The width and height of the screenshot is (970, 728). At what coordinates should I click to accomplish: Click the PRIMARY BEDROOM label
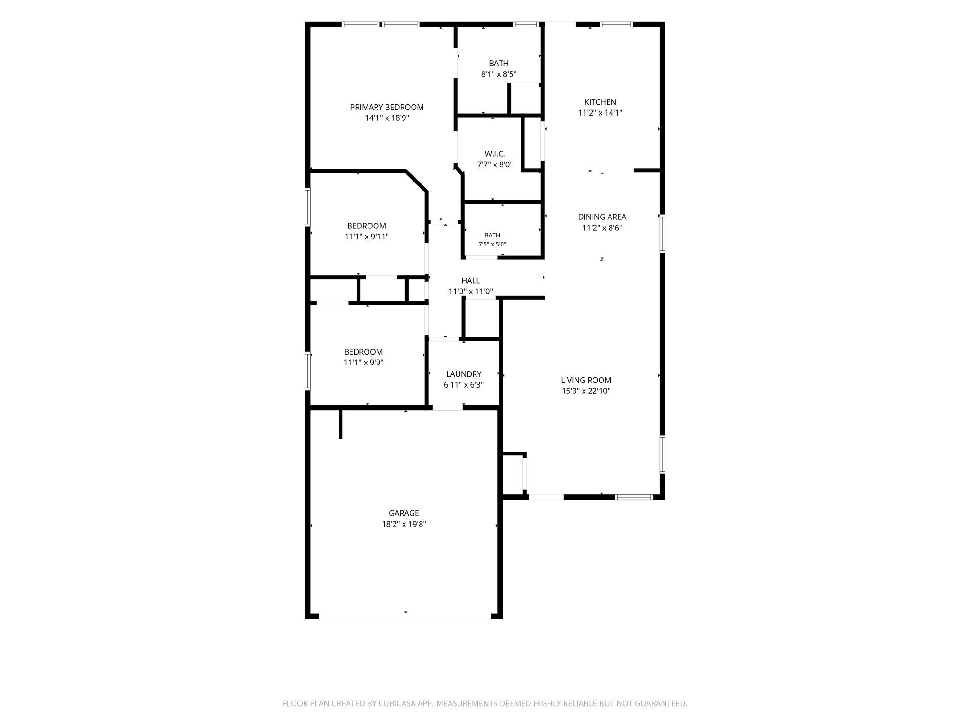[386, 107]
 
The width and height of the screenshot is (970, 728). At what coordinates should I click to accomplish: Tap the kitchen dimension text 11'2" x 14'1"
[600, 113]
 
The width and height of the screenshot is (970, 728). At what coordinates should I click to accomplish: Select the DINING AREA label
[602, 217]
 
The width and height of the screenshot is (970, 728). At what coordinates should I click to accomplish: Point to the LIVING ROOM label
[586, 380]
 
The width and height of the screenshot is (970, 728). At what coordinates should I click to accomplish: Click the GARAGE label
[404, 513]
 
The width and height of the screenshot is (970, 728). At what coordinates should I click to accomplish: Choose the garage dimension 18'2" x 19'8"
[404, 524]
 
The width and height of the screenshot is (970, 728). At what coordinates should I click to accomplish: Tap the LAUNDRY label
[464, 374]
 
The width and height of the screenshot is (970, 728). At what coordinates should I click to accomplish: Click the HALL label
[471, 281]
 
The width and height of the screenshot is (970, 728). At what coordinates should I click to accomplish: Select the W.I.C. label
[495, 154]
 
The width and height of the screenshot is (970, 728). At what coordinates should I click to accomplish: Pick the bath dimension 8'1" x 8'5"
[499, 74]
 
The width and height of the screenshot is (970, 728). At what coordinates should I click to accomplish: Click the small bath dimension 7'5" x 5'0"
[492, 245]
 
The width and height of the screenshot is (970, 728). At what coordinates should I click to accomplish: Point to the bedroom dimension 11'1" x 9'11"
[367, 237]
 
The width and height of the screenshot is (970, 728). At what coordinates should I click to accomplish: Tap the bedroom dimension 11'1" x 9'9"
[363, 363]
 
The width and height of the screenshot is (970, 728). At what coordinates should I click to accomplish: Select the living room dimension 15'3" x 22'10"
[586, 391]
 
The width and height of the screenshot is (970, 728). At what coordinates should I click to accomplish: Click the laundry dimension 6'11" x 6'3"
[464, 385]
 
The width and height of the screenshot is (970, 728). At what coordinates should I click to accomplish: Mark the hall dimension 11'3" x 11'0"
[471, 291]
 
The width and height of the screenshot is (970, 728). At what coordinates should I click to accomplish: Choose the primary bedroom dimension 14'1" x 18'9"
[387, 118]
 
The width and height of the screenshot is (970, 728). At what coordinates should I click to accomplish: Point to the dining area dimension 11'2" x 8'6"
[602, 227]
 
